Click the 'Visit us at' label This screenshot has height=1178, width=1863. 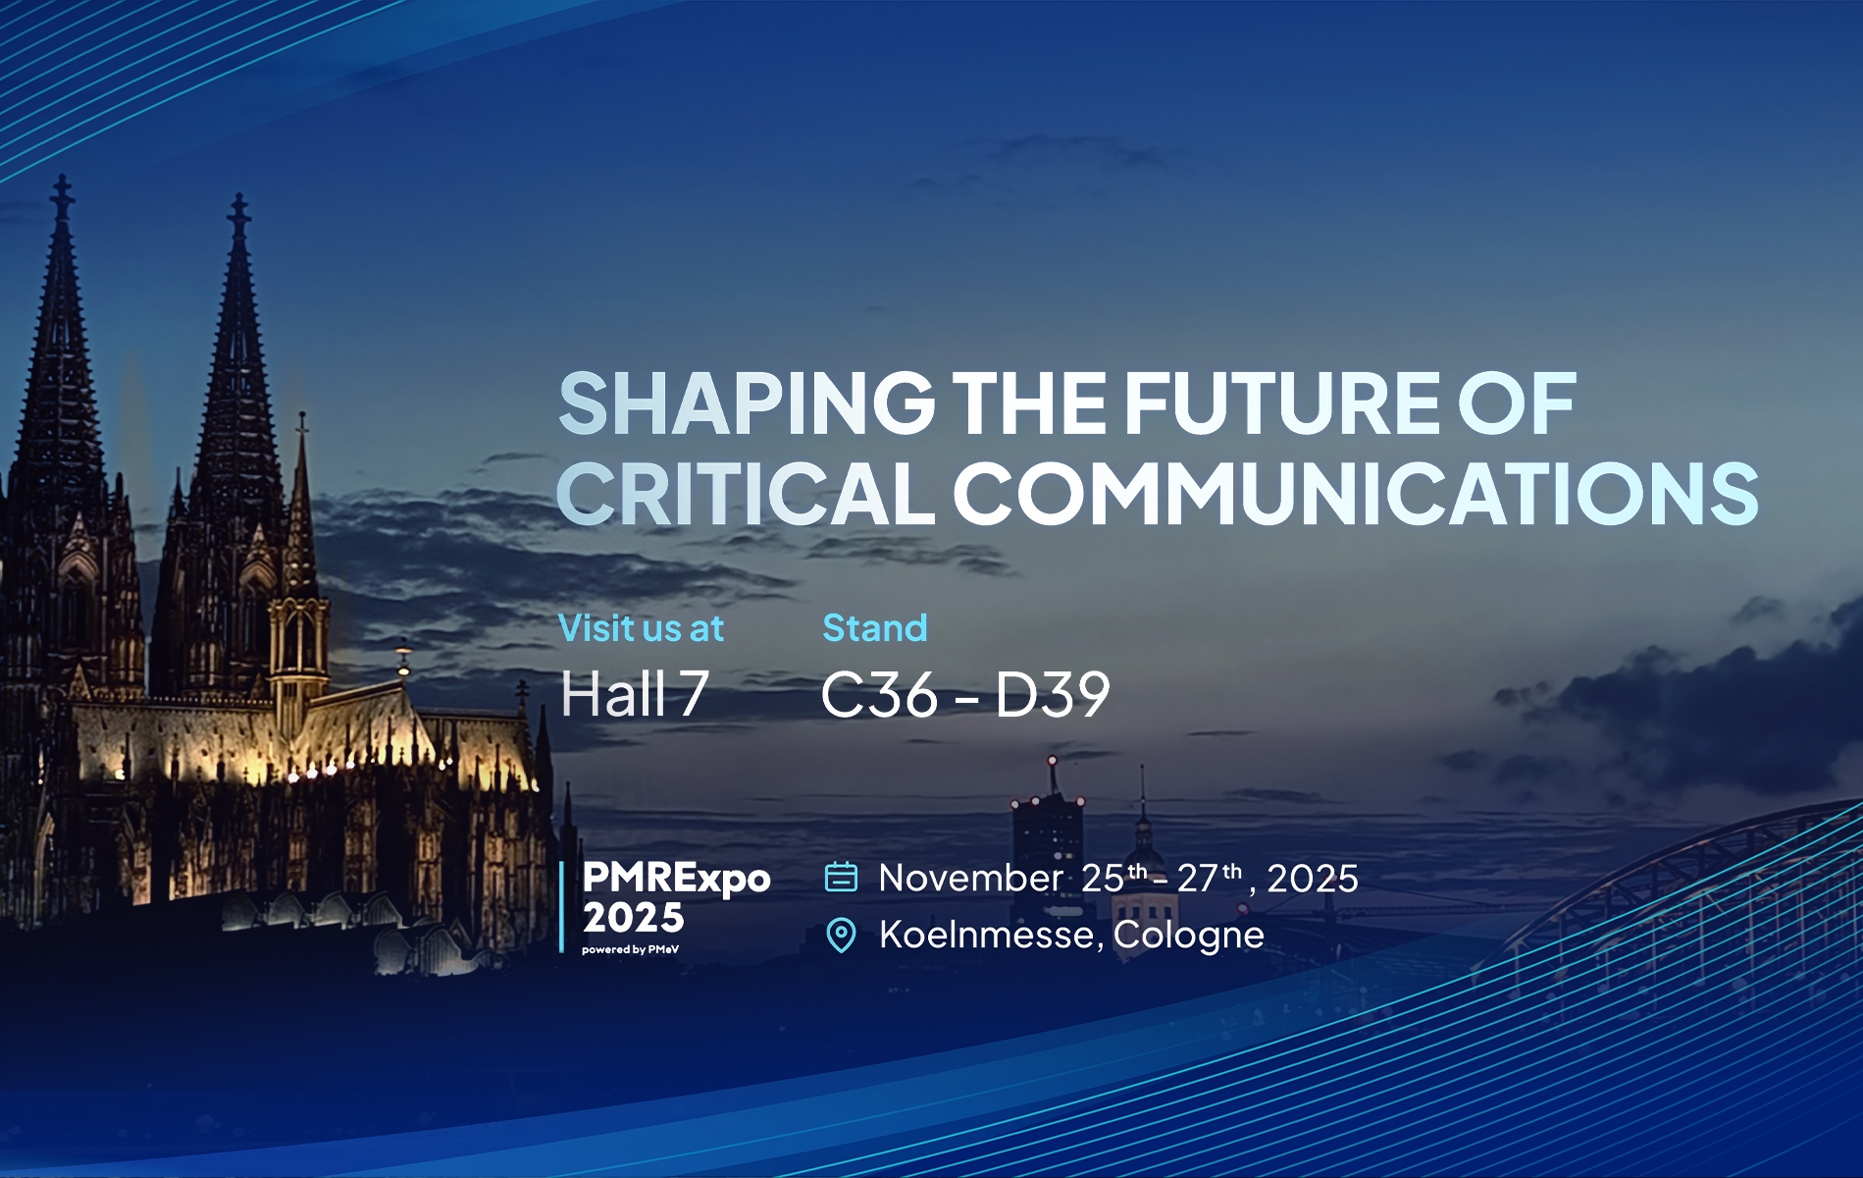641,628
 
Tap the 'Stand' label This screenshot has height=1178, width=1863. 875,628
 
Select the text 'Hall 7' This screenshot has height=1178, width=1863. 635,693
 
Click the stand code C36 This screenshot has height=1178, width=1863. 879,694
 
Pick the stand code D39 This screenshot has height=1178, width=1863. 1053,694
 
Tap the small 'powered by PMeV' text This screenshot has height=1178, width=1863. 630,949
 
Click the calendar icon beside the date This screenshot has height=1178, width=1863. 841,877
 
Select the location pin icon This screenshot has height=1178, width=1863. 841,935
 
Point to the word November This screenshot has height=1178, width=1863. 969,878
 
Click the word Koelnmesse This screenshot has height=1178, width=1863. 986,934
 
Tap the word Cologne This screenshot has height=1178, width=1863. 1188,936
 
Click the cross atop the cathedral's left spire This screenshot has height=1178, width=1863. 62,193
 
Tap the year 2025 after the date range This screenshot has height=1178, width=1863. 1313,878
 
